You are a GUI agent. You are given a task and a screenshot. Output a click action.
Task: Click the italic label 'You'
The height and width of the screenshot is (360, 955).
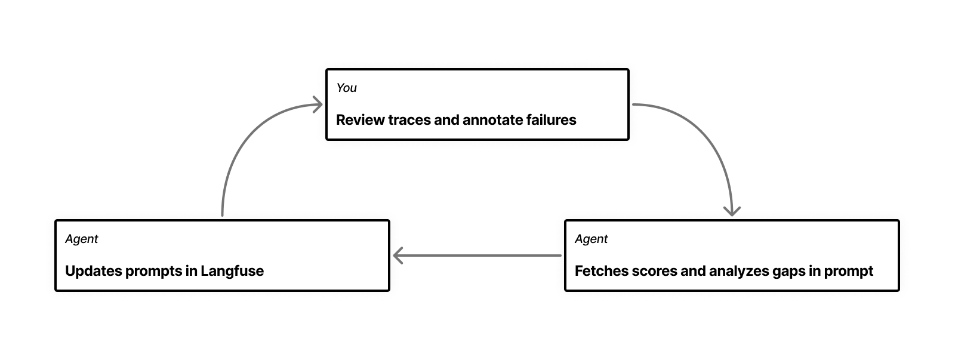(x=346, y=88)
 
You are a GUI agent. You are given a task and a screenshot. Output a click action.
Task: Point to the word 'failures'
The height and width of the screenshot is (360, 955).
(x=551, y=120)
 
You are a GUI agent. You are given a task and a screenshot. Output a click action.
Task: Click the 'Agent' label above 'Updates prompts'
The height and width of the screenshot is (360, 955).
(x=81, y=239)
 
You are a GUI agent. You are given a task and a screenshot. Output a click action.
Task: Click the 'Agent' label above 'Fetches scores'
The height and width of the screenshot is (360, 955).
(x=591, y=239)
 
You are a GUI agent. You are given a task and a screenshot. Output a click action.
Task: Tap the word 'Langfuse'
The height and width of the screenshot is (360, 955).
(x=232, y=271)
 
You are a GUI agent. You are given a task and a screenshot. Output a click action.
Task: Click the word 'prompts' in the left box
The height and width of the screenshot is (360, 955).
(x=151, y=271)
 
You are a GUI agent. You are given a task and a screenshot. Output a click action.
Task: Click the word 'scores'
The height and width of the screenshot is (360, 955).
(x=652, y=271)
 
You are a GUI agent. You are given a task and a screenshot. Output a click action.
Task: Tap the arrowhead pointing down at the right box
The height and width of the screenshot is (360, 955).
(x=732, y=211)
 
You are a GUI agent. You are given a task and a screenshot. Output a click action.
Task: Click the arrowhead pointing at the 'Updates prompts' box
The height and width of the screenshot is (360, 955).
(x=398, y=256)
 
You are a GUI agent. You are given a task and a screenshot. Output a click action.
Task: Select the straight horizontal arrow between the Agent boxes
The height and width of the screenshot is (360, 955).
(x=478, y=256)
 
